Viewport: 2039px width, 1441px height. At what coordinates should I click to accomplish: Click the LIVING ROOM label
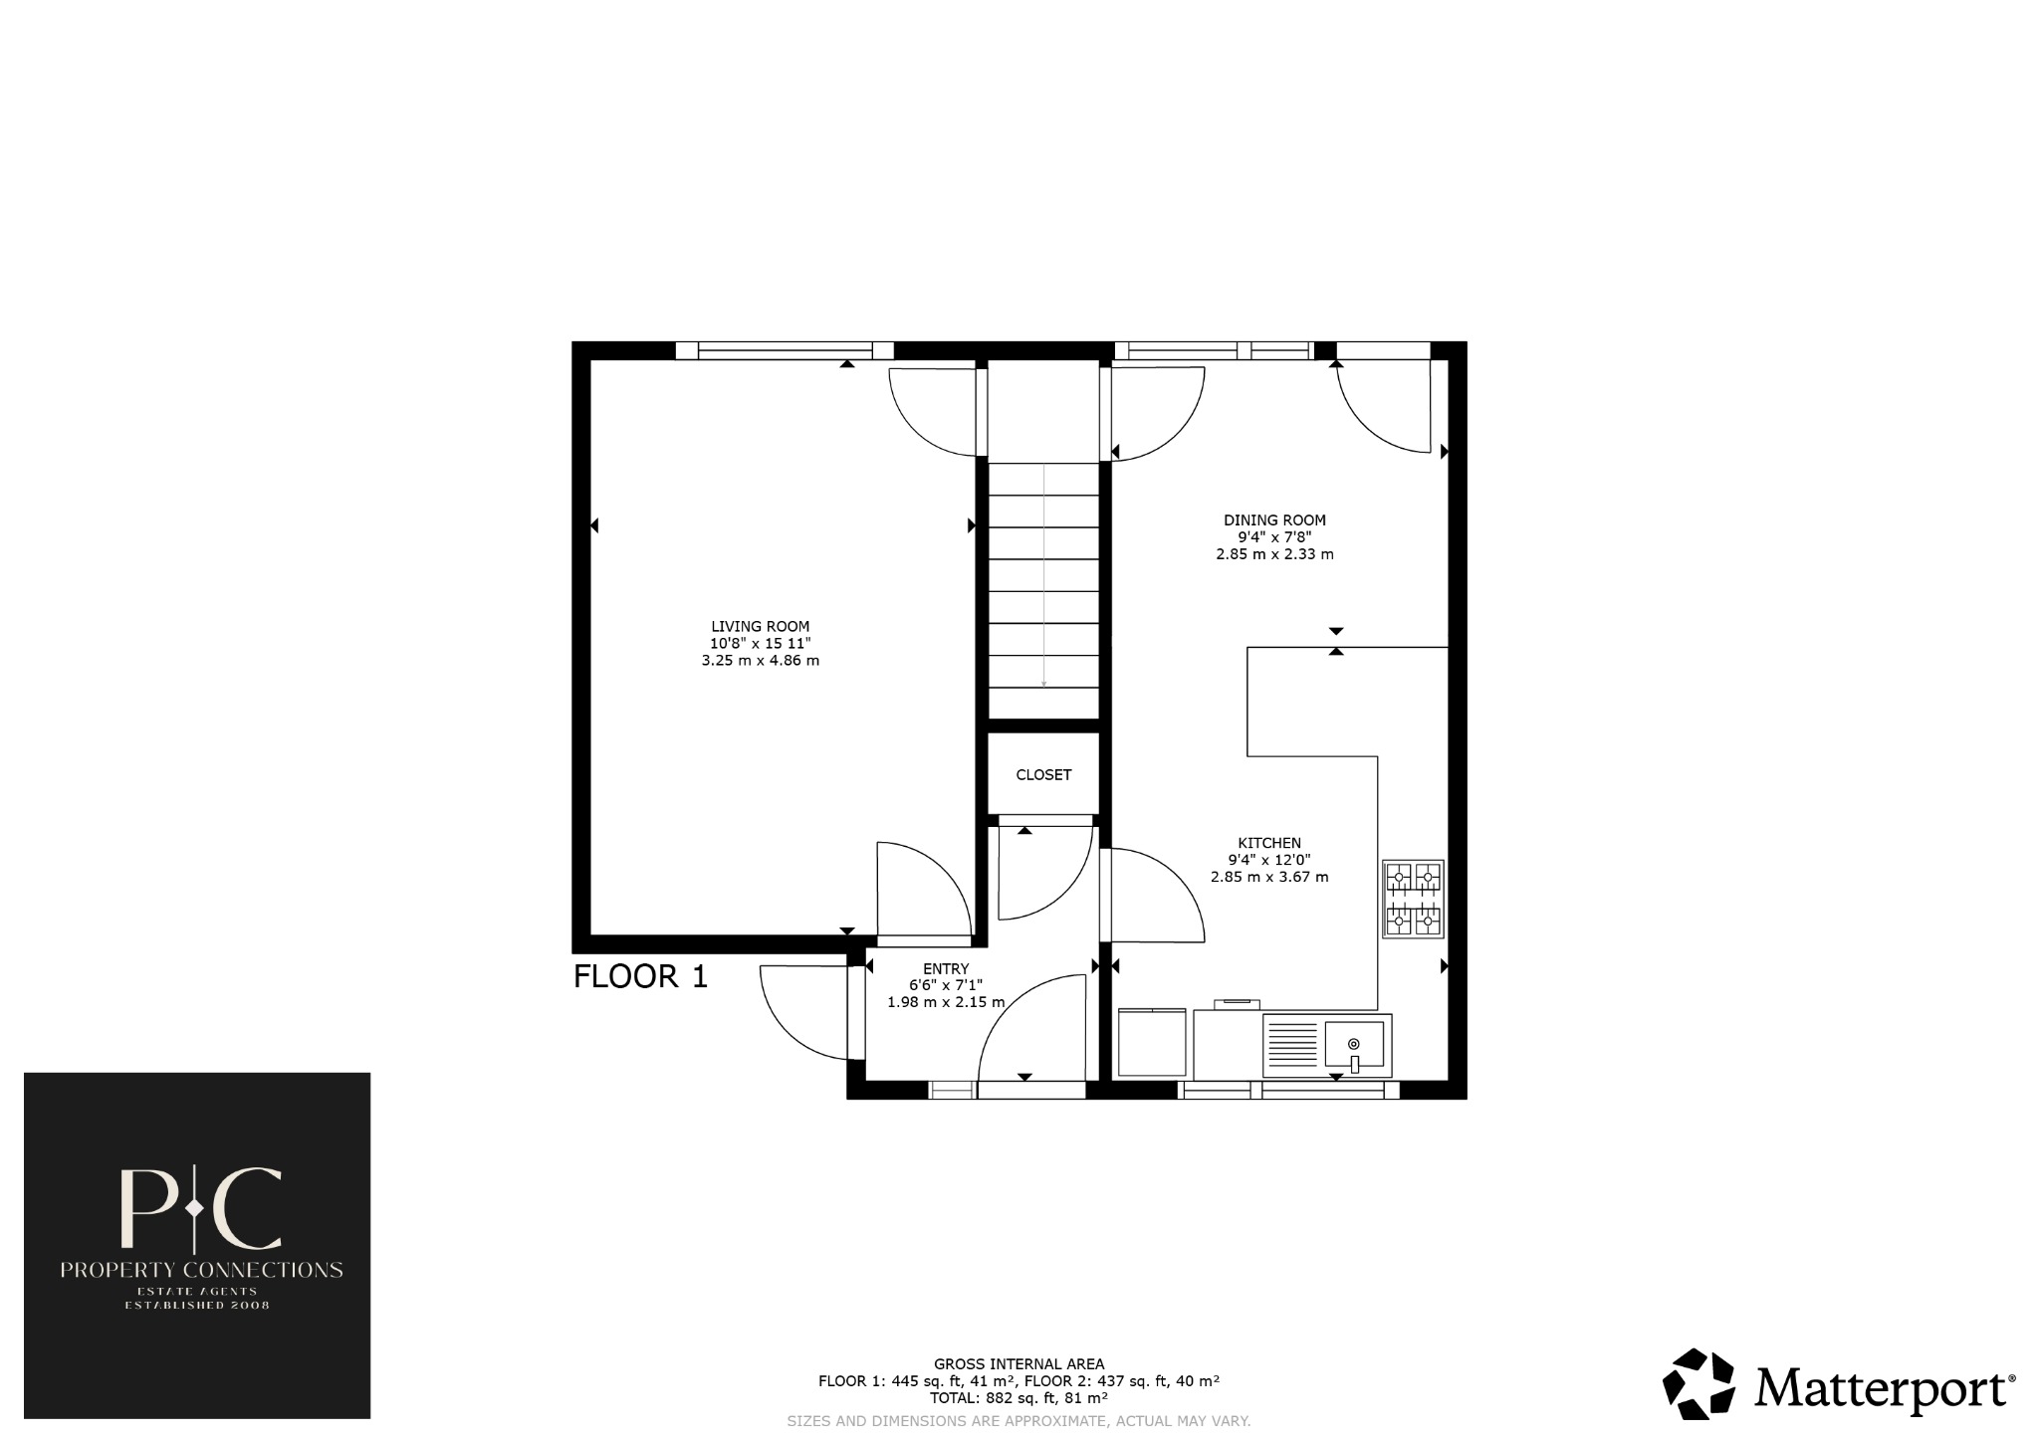point(760,626)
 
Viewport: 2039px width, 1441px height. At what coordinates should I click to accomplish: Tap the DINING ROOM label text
point(1274,519)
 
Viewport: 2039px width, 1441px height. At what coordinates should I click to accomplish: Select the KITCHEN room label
point(1269,843)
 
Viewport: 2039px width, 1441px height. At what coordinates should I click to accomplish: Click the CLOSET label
point(1043,775)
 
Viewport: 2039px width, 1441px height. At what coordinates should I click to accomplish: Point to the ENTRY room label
point(945,968)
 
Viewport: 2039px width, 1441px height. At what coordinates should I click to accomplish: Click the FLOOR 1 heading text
point(640,976)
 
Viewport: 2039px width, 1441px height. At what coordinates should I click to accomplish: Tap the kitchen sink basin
point(1354,1044)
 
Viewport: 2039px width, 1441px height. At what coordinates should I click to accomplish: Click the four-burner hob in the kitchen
point(1413,899)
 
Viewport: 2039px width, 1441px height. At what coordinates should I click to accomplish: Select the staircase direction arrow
point(1043,577)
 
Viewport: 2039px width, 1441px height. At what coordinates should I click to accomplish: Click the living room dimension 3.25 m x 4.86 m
point(760,661)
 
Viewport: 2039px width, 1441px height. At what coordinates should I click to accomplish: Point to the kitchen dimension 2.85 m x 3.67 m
point(1269,878)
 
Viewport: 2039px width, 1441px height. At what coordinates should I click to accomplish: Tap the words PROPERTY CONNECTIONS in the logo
point(201,1270)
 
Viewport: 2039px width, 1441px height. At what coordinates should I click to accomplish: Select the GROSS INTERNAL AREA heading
point(1019,1364)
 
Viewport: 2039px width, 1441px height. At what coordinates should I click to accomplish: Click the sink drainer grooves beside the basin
point(1292,1044)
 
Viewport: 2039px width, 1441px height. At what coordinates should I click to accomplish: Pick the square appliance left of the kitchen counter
point(1152,1042)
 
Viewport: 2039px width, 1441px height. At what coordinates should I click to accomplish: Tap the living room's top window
point(785,350)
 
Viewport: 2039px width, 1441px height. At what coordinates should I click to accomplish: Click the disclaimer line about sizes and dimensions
point(1019,1421)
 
